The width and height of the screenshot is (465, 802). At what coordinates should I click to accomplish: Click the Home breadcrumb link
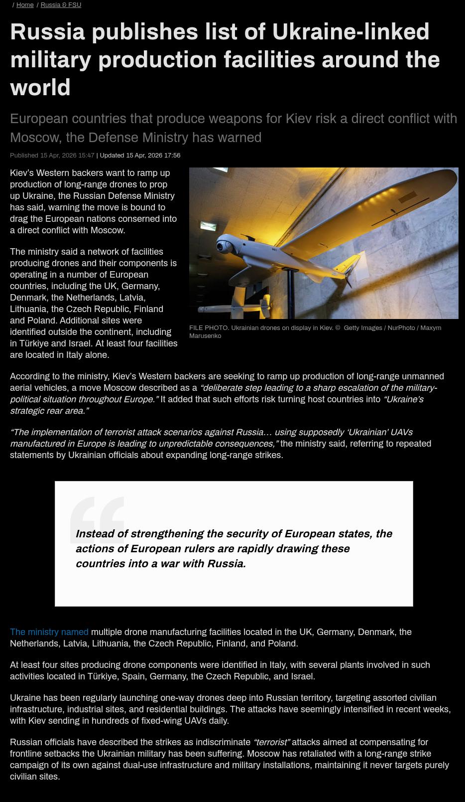[25, 5]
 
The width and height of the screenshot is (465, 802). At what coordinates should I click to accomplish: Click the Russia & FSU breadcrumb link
[61, 5]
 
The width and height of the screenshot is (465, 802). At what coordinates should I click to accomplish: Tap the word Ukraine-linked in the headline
[350, 32]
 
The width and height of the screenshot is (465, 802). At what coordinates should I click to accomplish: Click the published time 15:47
[86, 156]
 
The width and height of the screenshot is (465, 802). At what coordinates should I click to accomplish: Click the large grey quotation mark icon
[97, 518]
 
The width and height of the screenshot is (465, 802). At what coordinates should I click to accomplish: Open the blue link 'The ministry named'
[49, 632]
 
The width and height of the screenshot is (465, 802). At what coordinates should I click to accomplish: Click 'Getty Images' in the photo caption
[362, 328]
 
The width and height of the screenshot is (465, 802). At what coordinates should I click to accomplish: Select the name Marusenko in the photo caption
[205, 336]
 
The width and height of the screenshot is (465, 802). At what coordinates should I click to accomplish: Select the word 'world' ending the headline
[40, 88]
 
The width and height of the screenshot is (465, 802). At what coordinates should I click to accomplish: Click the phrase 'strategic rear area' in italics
[49, 411]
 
